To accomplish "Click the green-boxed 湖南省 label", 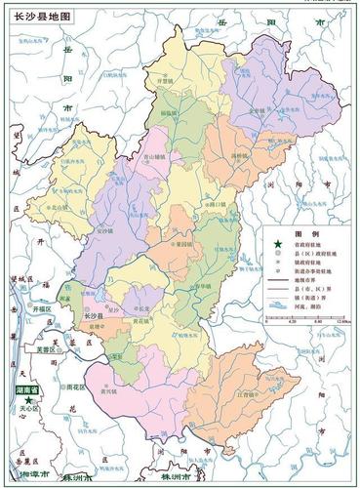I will (26, 386).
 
